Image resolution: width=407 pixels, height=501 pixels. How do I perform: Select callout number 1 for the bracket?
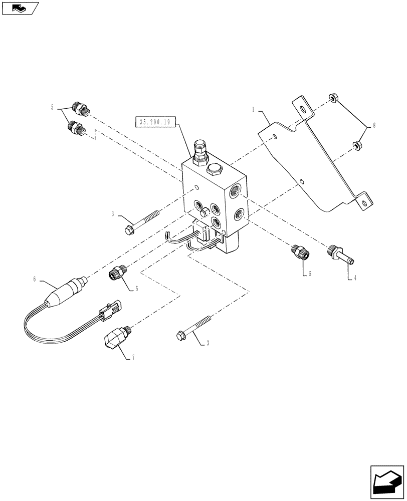click(x=254, y=109)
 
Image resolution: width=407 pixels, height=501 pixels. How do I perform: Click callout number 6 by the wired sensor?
click(x=35, y=279)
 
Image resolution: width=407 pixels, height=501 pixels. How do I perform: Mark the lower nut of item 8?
click(x=357, y=146)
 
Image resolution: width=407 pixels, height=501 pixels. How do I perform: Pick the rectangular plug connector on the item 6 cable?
click(x=109, y=311)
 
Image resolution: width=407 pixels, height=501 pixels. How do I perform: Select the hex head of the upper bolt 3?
click(x=128, y=230)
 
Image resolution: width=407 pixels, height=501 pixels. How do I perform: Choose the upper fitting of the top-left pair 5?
click(x=81, y=108)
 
